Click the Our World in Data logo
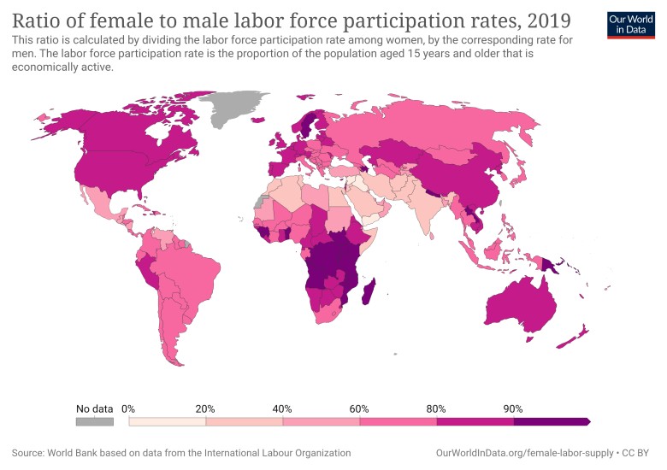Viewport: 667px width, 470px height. [x=629, y=25]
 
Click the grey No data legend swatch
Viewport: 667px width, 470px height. [x=94, y=421]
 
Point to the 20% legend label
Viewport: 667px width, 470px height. [x=205, y=408]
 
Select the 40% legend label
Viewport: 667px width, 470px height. [x=282, y=408]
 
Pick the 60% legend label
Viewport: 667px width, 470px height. [x=359, y=408]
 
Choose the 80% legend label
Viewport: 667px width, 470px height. [x=436, y=408]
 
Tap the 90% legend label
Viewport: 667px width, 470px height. [x=513, y=408]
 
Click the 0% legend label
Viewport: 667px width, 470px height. [x=129, y=408]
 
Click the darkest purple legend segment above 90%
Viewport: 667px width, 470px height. [x=552, y=421]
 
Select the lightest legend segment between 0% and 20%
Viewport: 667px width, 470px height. [x=167, y=421]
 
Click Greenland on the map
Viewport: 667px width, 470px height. [x=235, y=107]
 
